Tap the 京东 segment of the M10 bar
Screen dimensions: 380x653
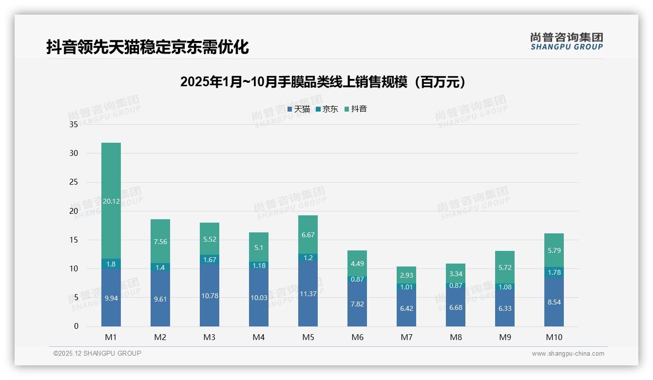554,272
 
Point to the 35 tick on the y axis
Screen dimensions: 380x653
74,124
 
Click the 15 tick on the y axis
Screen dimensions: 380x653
74,240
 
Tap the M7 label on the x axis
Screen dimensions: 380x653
406,337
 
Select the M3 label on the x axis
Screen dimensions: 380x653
210,337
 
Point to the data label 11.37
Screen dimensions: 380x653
308,294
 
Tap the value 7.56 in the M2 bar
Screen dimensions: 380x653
160,242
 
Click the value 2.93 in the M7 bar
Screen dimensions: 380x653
406,276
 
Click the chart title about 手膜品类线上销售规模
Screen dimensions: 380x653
323,82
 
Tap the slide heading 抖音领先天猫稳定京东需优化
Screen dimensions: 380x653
148,47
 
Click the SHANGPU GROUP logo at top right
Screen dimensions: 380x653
566,41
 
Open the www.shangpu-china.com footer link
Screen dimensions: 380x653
568,354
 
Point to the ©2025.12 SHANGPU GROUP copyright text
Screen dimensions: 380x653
97,353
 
